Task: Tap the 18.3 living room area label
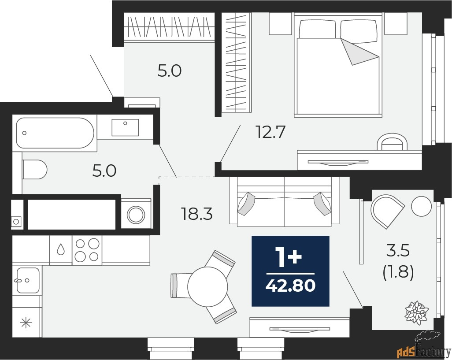[197, 214]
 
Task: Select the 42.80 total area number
[290, 286]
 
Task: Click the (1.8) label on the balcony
[398, 273]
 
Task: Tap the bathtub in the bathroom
[55, 133]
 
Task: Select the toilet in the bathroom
[35, 169]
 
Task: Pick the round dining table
[207, 286]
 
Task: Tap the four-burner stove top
[87, 250]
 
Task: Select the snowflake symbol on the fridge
[26, 323]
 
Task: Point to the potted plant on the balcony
[416, 313]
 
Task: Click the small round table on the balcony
[422, 205]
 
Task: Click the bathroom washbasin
[125, 127]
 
